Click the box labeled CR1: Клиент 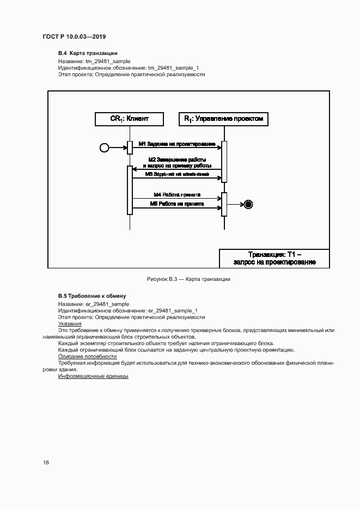(x=129, y=119)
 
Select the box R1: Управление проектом (x=223, y=119)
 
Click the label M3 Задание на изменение (x=177, y=174)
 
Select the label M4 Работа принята (x=177, y=194)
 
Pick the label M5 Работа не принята (x=177, y=204)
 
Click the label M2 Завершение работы (x=177, y=159)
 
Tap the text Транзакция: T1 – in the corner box (x=274, y=254)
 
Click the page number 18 (x=46, y=462)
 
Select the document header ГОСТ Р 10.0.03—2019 (x=74, y=36)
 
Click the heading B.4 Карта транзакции (x=88, y=53)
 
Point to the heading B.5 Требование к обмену (x=92, y=296)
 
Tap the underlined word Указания (x=70, y=323)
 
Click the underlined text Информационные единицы (x=93, y=376)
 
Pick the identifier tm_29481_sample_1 (x=174, y=68)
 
